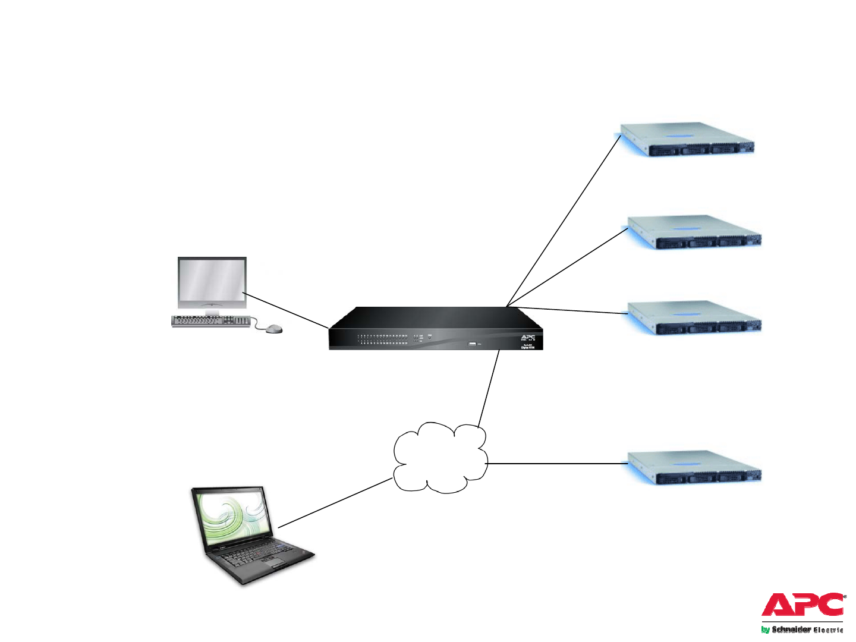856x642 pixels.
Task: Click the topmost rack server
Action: (687, 140)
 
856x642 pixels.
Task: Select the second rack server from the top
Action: (694, 232)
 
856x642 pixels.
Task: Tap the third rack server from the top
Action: (694, 317)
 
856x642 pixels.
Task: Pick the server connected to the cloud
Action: (694, 467)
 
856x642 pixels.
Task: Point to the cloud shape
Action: (440, 458)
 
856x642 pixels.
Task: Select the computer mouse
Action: (273, 329)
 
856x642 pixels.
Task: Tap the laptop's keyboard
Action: (262, 556)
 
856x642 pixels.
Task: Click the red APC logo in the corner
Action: (802, 605)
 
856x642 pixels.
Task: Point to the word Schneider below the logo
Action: (791, 630)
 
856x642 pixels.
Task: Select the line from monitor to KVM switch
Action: (285, 310)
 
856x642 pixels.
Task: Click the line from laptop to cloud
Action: (335, 503)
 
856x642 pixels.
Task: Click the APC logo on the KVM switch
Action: (528, 338)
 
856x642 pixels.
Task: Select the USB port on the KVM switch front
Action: (473, 344)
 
